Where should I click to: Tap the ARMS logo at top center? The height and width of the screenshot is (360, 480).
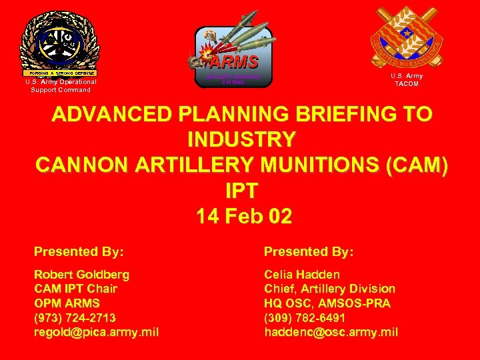(233, 55)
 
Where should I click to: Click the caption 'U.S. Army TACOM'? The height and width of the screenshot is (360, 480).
(406, 80)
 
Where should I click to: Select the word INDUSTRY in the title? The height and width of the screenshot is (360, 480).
(241, 139)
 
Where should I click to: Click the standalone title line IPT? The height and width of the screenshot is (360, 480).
(241, 191)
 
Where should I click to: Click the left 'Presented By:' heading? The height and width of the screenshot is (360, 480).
(79, 251)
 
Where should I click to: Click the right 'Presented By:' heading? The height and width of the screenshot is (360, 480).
(309, 251)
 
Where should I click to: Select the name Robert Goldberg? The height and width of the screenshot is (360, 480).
(82, 274)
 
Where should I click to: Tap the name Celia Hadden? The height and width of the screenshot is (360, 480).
(302, 274)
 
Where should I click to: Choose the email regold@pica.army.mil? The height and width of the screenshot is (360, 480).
(96, 332)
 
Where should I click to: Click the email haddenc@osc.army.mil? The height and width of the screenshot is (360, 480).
(331, 332)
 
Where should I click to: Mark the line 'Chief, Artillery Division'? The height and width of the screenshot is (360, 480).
(329, 289)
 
